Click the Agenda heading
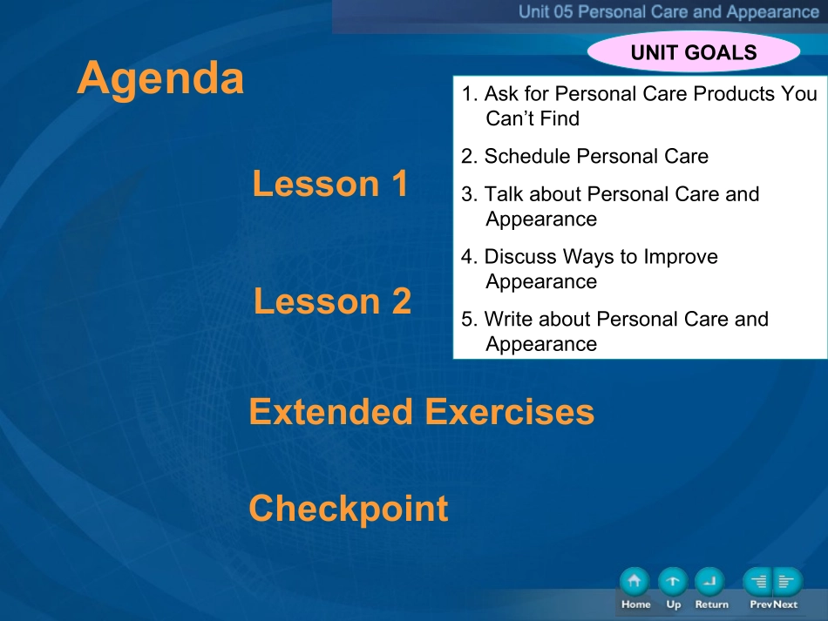(x=160, y=79)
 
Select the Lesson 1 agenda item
(x=330, y=184)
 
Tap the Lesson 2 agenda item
(x=332, y=300)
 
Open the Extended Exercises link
(x=421, y=412)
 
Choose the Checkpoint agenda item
(x=349, y=508)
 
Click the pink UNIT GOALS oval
(x=694, y=51)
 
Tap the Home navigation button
(x=635, y=582)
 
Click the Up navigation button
(x=673, y=582)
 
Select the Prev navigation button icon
(x=757, y=582)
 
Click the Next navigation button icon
(x=788, y=582)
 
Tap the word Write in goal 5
(x=508, y=319)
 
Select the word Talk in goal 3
(x=504, y=194)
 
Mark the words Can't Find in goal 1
(x=533, y=118)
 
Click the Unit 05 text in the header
(x=546, y=11)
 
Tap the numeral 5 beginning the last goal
(x=467, y=320)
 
